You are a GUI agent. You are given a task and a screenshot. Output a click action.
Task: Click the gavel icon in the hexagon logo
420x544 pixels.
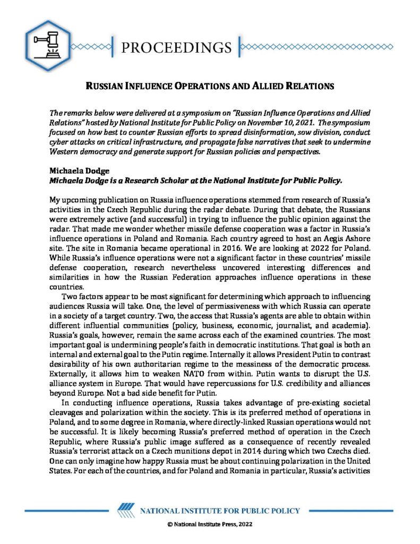click(x=48, y=47)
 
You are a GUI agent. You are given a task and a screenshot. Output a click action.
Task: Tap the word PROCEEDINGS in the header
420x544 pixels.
click(x=176, y=47)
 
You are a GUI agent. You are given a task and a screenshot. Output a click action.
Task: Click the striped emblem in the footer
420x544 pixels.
click(x=124, y=511)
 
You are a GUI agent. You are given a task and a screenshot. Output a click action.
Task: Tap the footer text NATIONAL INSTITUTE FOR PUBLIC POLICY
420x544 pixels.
click(x=219, y=511)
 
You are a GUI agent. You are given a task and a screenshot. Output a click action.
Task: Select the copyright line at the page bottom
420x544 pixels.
click(x=210, y=524)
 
